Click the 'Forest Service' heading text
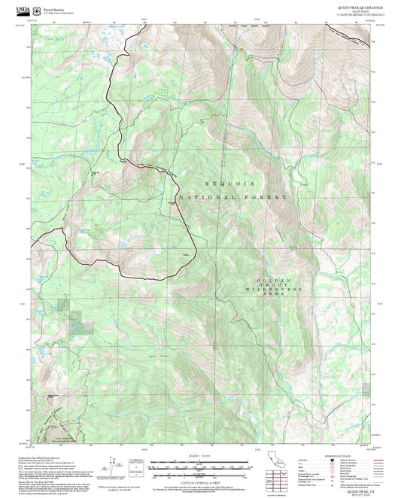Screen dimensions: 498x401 coord(54,5)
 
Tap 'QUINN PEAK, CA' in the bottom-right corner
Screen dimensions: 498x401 coord(353,490)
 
